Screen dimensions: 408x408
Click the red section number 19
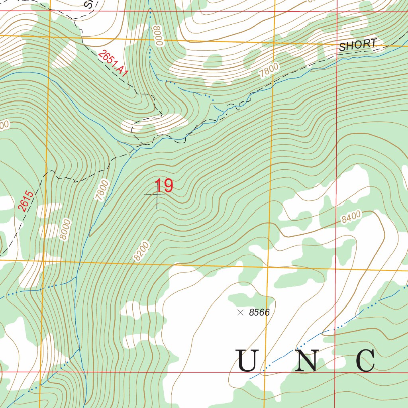[164, 186]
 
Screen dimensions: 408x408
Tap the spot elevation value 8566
[259, 313]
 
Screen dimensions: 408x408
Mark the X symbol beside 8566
[240, 313]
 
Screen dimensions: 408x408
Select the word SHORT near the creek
[357, 45]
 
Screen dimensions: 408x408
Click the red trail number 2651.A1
[114, 63]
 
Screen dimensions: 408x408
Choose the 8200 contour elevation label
[141, 251]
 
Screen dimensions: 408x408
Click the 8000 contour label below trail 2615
[65, 229]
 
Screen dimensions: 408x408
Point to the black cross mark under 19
[157, 195]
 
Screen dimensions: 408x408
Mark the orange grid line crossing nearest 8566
[267, 267]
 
